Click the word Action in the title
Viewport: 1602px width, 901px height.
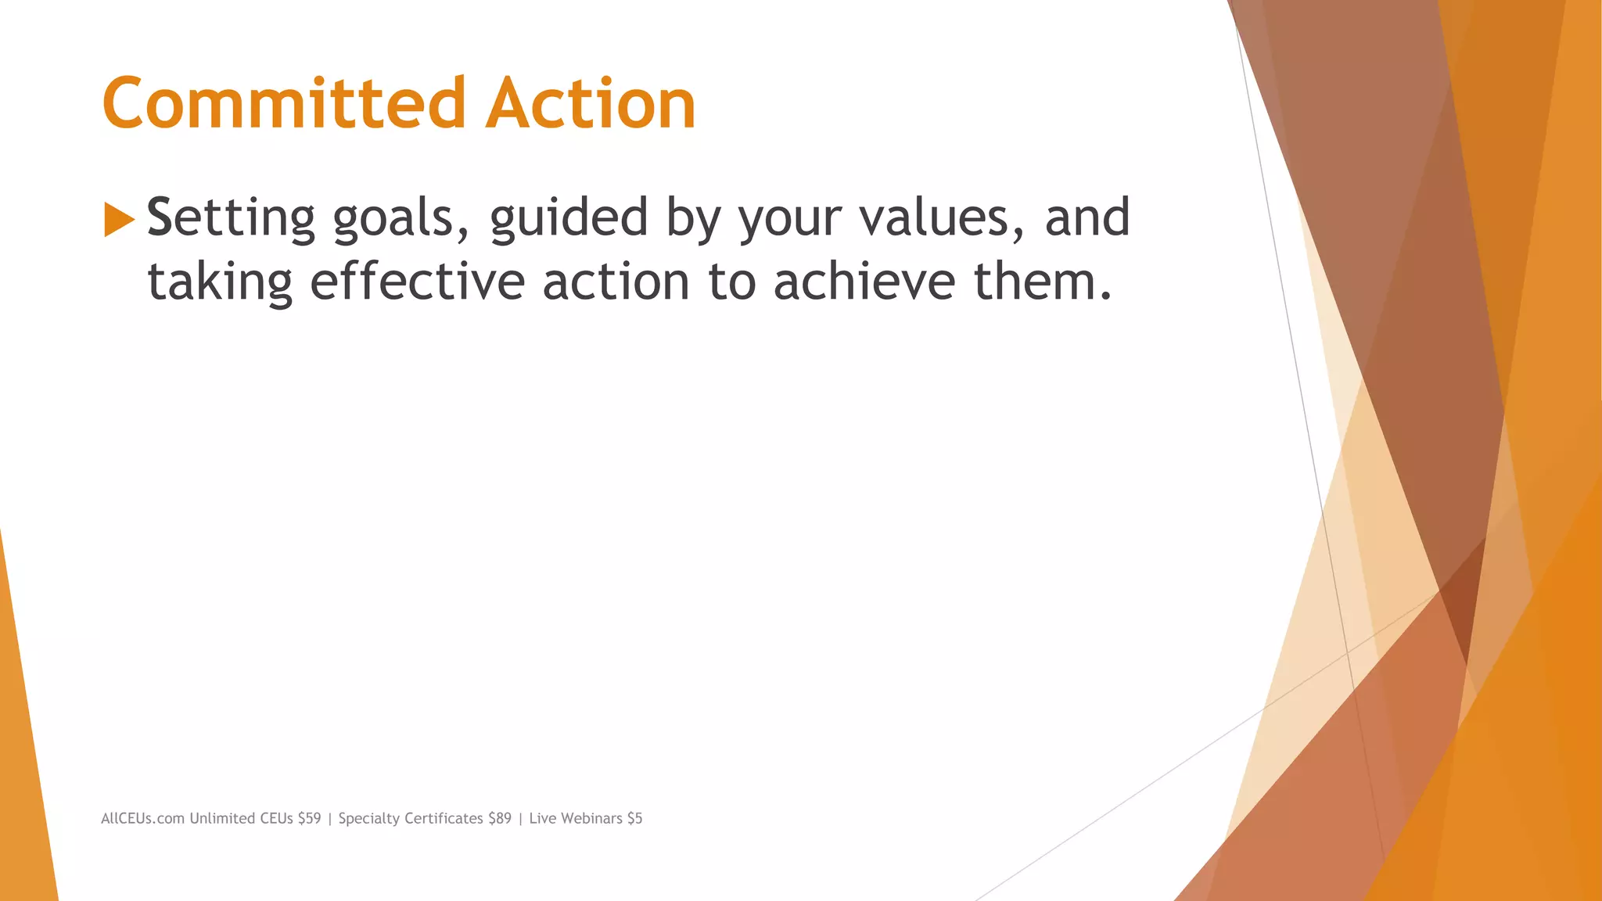[591, 103]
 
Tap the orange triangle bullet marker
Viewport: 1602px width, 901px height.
[119, 219]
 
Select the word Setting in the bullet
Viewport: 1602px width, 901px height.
[231, 218]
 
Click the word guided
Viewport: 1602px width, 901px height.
[569, 218]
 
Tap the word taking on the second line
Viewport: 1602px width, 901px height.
[220, 282]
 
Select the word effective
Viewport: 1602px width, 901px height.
[417, 282]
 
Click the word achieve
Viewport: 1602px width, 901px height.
[864, 282]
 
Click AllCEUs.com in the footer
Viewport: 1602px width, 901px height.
[142, 819]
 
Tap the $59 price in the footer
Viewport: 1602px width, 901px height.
[309, 819]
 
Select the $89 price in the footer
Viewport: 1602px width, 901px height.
[500, 819]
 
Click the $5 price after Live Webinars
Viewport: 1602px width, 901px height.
[634, 819]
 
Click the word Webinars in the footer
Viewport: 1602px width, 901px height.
[591, 819]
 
